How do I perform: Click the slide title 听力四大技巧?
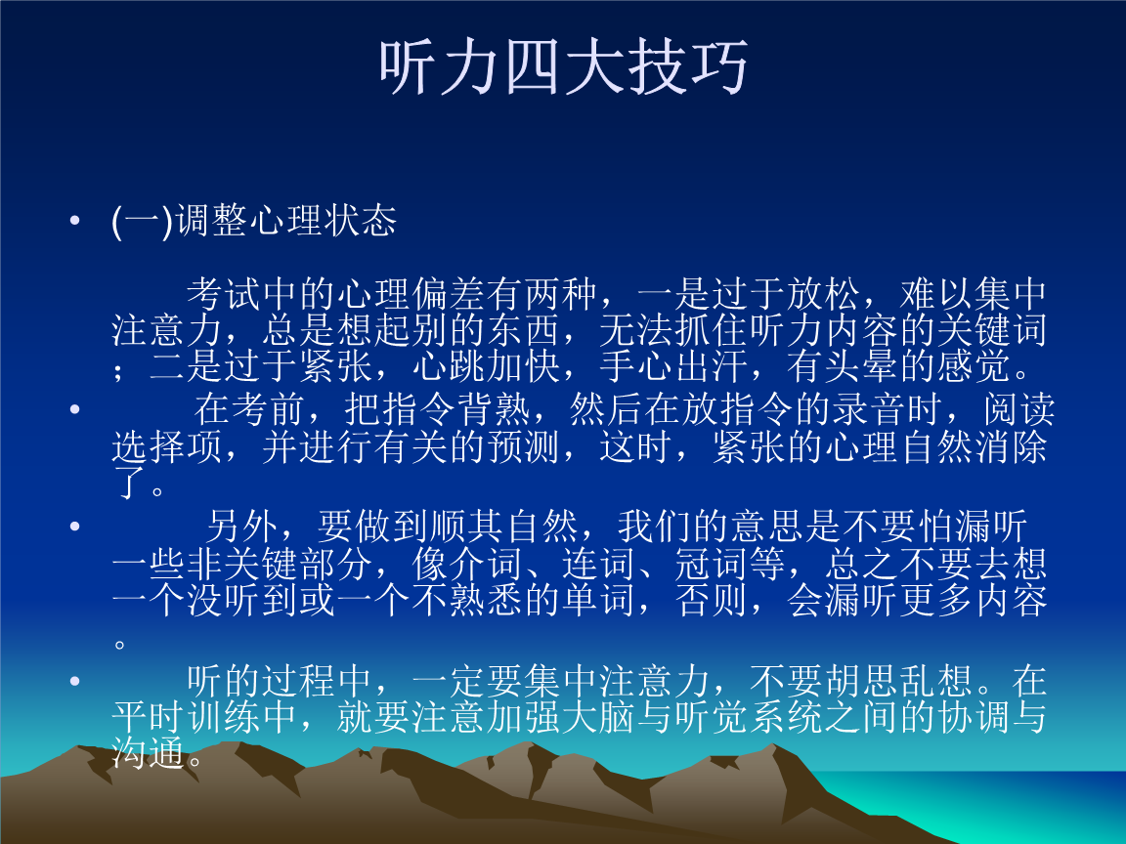tap(564, 66)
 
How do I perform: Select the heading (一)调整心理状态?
tap(253, 221)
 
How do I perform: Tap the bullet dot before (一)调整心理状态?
tap(74, 221)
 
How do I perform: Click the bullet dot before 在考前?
tap(74, 409)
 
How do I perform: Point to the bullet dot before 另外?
tap(74, 527)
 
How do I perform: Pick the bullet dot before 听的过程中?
tap(74, 680)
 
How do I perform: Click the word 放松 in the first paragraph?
tap(823, 294)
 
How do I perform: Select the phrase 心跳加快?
tap(487, 366)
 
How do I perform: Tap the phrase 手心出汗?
tap(674, 366)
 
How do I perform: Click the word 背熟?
tap(494, 409)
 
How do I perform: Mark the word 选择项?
tap(167, 446)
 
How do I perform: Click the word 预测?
tap(524, 446)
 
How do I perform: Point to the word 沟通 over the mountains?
tap(149, 752)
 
